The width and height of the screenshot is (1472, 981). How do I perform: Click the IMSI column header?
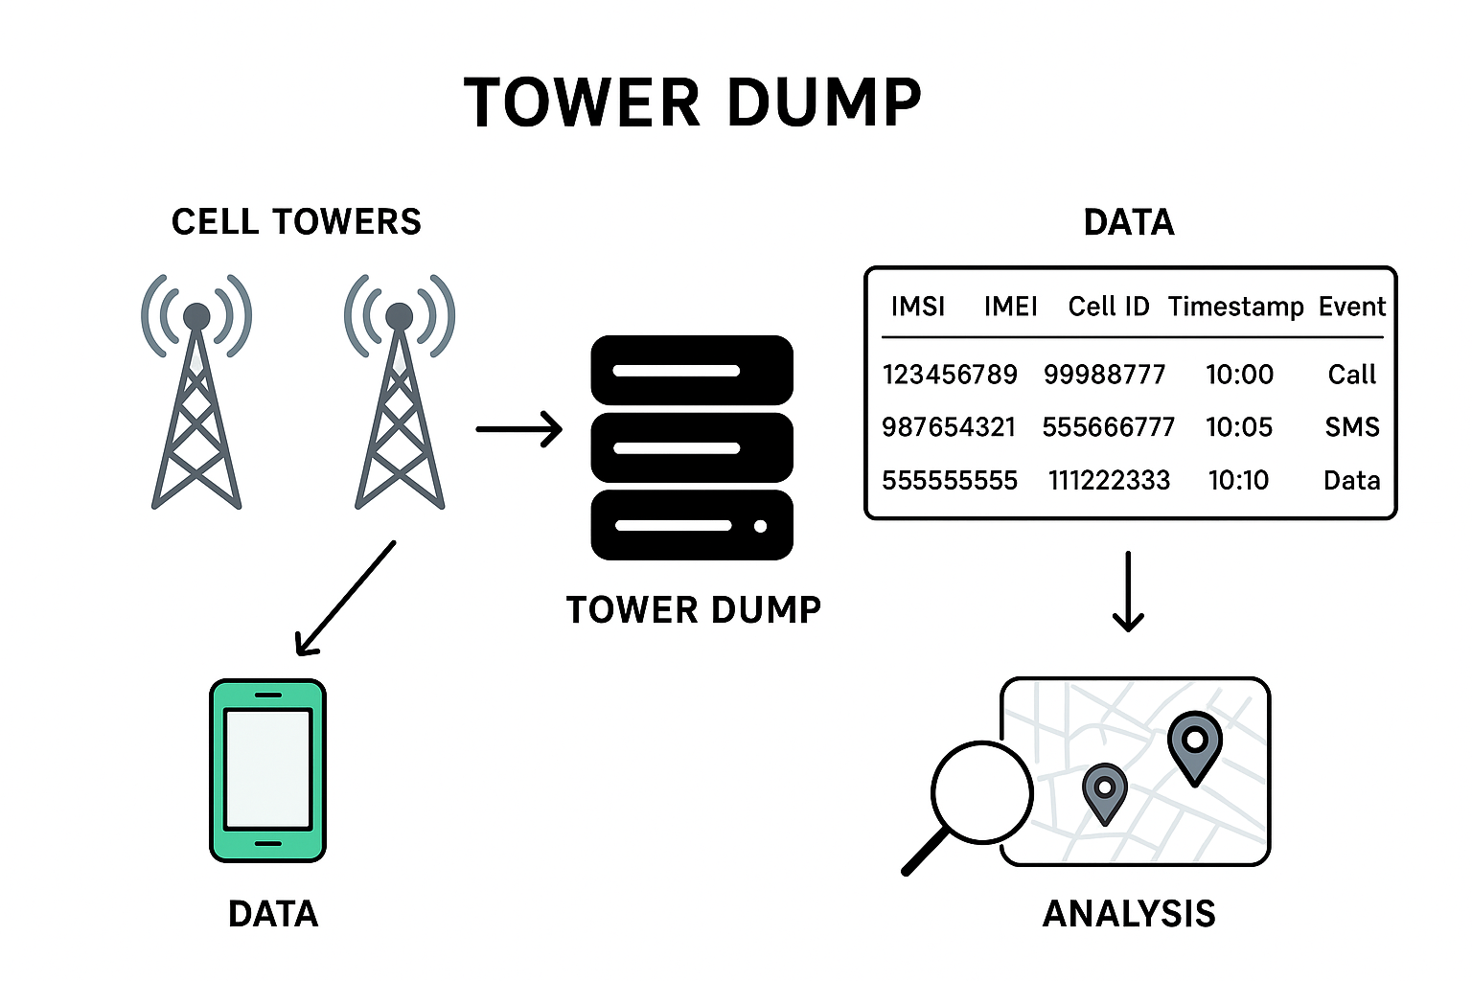[917, 307]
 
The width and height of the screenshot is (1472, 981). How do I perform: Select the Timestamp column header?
[1235, 307]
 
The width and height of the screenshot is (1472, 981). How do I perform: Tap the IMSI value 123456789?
[950, 375]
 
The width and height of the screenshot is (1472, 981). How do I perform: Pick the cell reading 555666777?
[1108, 427]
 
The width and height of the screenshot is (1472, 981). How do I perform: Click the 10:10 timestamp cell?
[1238, 480]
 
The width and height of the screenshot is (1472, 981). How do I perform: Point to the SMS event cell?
[1352, 427]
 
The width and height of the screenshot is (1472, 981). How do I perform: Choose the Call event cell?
[1351, 375]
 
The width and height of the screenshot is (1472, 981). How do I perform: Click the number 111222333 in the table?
[1109, 480]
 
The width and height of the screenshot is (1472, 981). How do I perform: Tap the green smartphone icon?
[268, 770]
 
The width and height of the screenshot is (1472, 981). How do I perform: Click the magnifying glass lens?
[981, 793]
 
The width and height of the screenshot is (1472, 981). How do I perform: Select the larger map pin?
[1195, 743]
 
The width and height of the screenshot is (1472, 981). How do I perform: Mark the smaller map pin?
[1104, 790]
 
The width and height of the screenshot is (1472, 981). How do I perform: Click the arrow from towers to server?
[518, 429]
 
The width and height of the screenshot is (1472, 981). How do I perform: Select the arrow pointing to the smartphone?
[345, 599]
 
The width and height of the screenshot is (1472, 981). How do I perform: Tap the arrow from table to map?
[1128, 591]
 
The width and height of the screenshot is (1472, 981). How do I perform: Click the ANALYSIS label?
[1129, 914]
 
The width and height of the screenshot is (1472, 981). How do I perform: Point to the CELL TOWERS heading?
[296, 222]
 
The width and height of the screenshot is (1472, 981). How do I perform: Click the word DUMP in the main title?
[824, 103]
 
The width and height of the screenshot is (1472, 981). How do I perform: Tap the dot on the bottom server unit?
[760, 526]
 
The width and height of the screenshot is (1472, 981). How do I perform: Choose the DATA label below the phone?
[273, 914]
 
